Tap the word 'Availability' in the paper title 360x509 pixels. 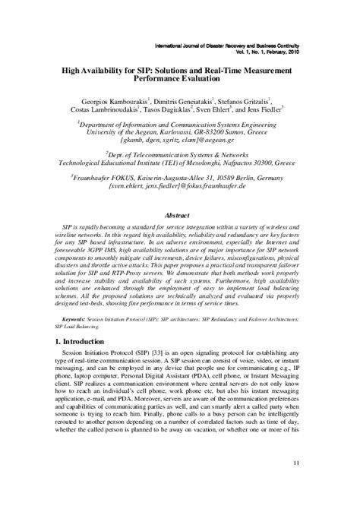[x=109, y=68]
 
